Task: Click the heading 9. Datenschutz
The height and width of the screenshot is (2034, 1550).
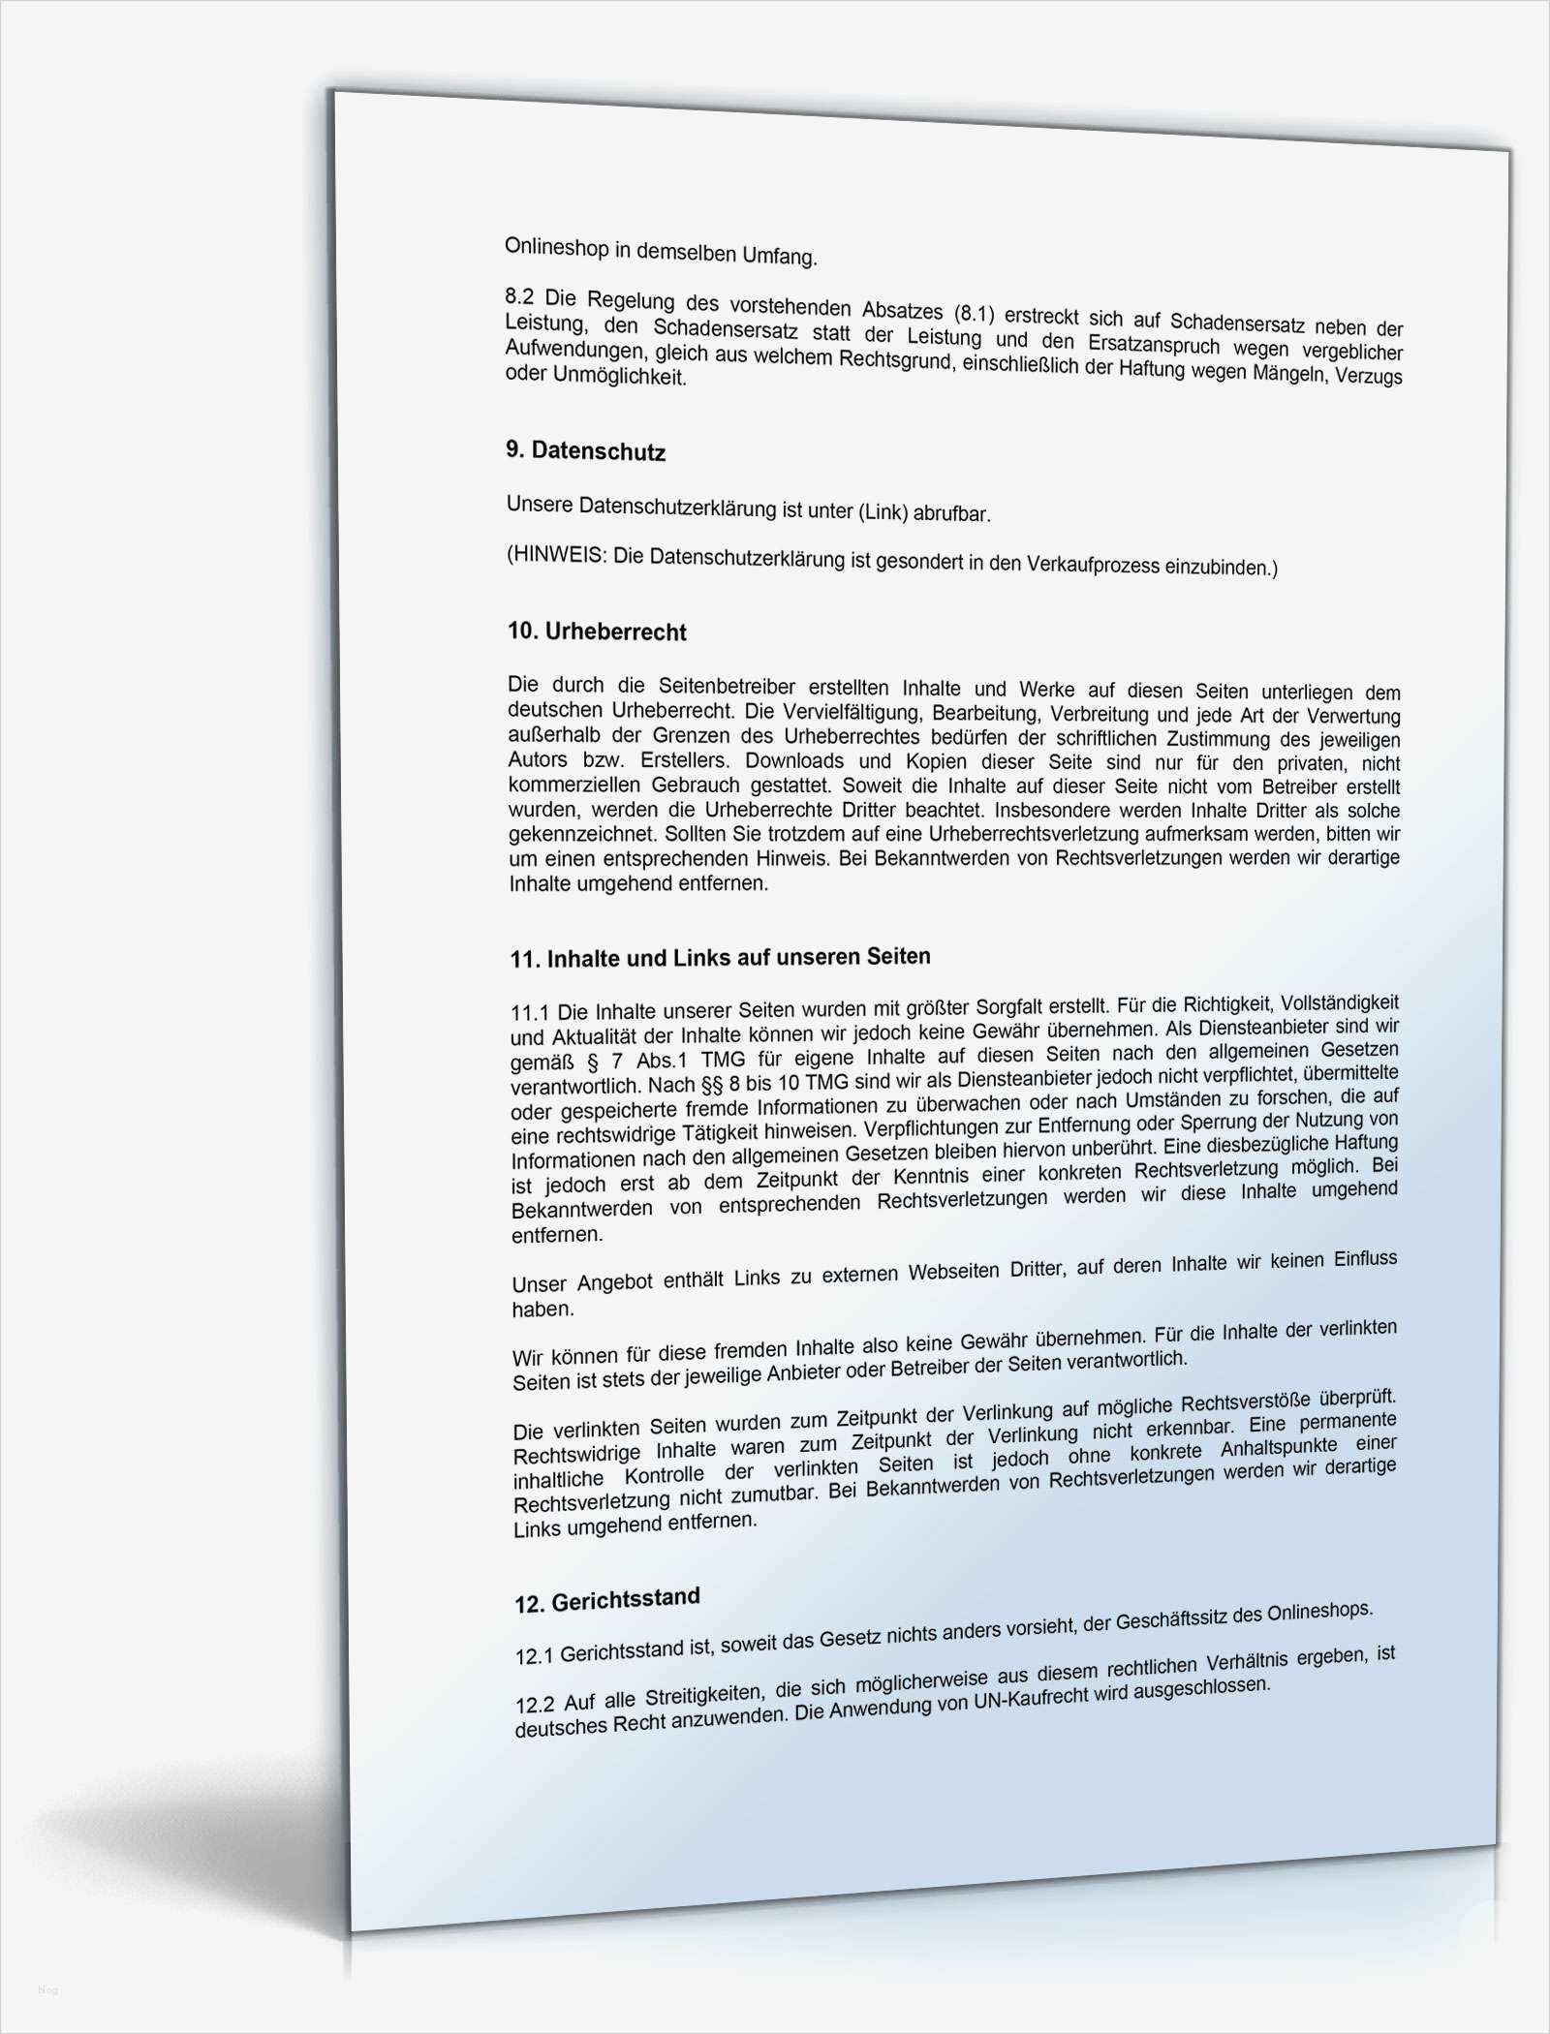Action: click(585, 451)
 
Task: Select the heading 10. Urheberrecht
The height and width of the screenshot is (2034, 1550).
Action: click(597, 632)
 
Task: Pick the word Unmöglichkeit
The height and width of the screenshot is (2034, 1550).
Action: click(619, 376)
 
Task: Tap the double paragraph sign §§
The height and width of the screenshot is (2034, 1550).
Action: click(727, 1082)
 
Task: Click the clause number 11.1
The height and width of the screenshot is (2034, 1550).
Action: click(529, 1013)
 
